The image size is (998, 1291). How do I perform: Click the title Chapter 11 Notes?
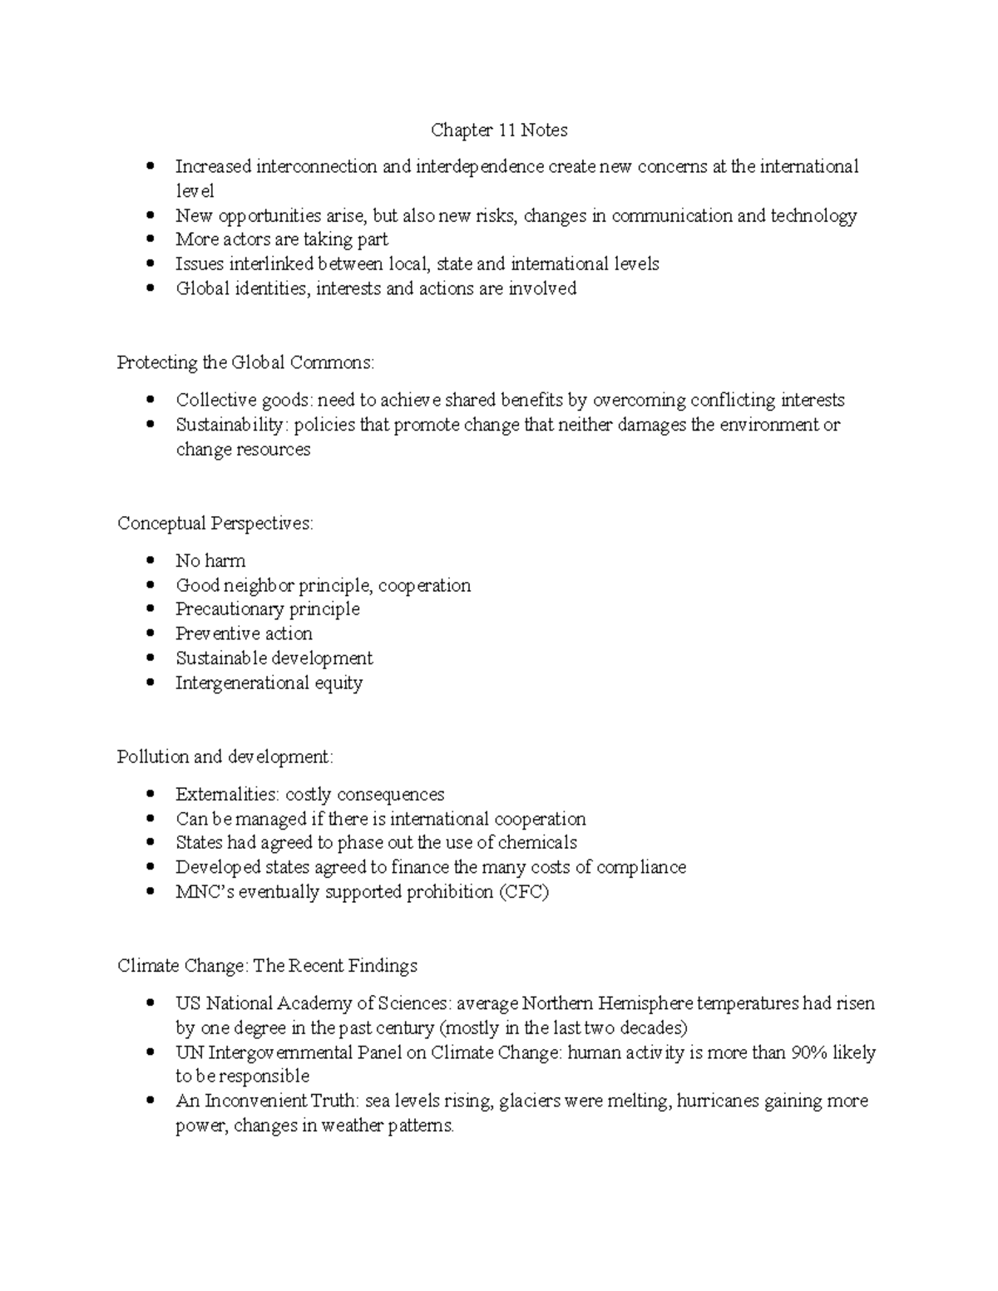coord(499,131)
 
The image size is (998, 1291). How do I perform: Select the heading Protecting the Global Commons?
coord(246,362)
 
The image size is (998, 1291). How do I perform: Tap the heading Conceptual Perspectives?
coord(215,524)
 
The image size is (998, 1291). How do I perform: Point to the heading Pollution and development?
coord(225,757)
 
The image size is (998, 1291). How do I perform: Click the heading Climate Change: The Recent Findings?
coord(267,966)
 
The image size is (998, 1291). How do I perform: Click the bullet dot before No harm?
coord(150,560)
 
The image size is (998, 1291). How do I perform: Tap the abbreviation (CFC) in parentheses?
coord(524,892)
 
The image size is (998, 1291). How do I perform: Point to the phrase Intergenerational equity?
coord(269,683)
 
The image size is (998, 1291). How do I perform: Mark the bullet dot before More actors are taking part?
coord(150,239)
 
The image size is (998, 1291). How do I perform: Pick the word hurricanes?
coord(718,1101)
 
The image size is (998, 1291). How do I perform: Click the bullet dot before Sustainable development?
coord(150,658)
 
